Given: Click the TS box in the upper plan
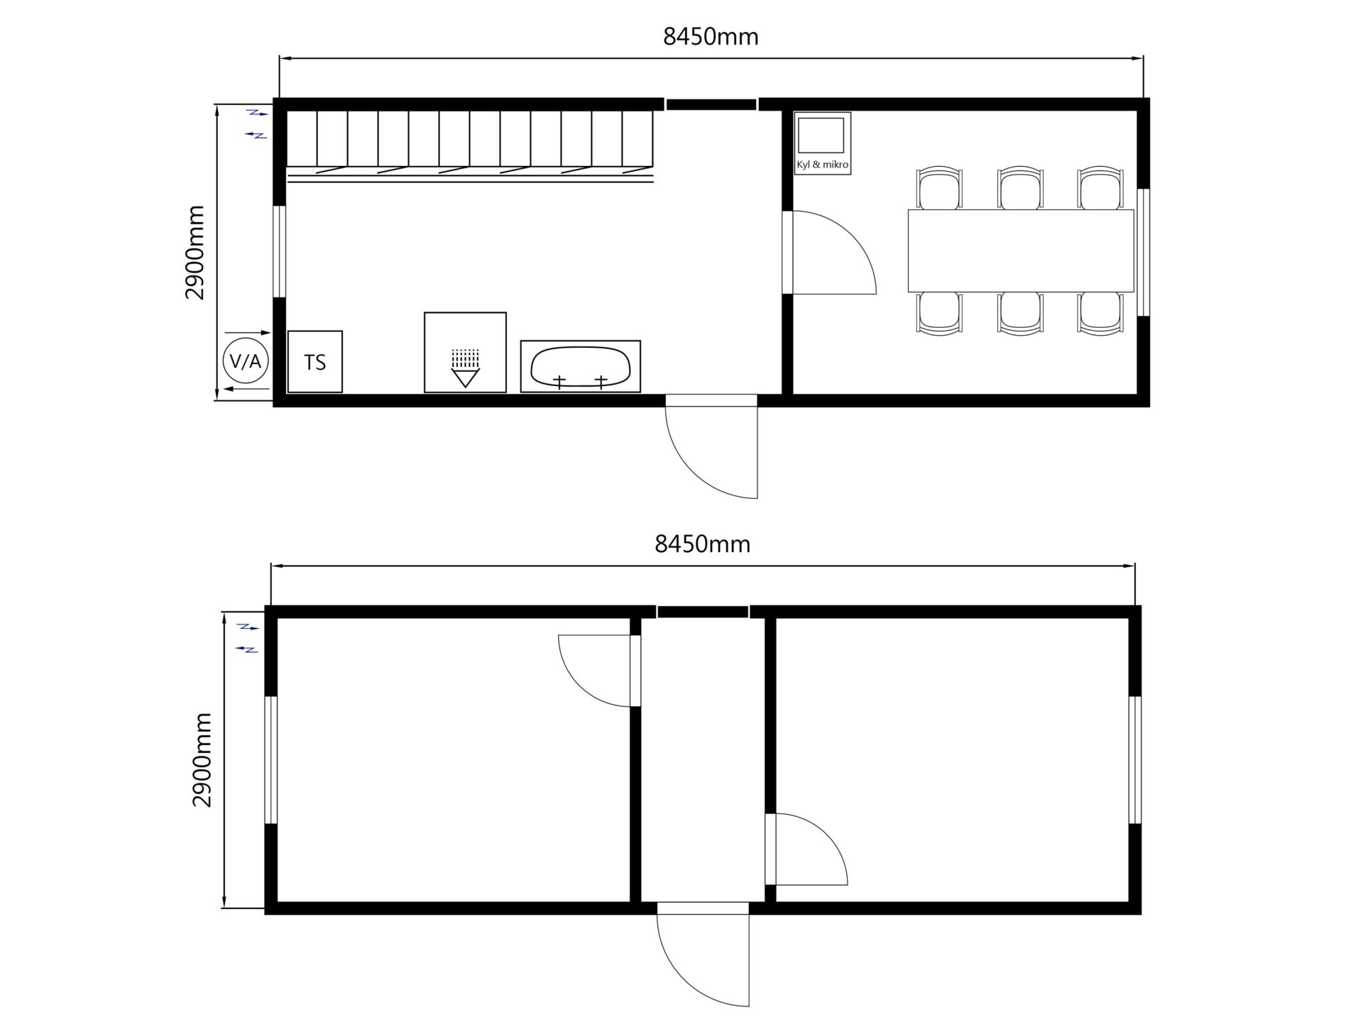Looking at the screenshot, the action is click(314, 361).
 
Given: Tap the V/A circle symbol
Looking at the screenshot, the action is click(246, 362).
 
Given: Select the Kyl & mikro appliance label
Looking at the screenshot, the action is click(822, 165).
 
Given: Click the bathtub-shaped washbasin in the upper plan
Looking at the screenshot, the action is click(581, 366).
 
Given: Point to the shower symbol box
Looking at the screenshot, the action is click(465, 352).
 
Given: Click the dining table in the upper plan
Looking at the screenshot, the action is click(1021, 251).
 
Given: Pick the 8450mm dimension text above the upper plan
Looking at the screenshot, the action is click(711, 36).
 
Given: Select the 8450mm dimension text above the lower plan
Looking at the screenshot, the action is click(702, 544).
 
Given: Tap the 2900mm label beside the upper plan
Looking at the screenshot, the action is click(195, 253).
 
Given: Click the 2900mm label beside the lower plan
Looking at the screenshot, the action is click(202, 760).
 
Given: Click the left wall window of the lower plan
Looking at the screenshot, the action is click(270, 760).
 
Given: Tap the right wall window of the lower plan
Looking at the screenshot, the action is click(1134, 760).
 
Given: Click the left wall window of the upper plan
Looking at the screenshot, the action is click(280, 251).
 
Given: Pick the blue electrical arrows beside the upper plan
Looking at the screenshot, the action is click(256, 123).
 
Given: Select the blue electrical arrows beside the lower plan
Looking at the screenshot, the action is click(248, 638).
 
